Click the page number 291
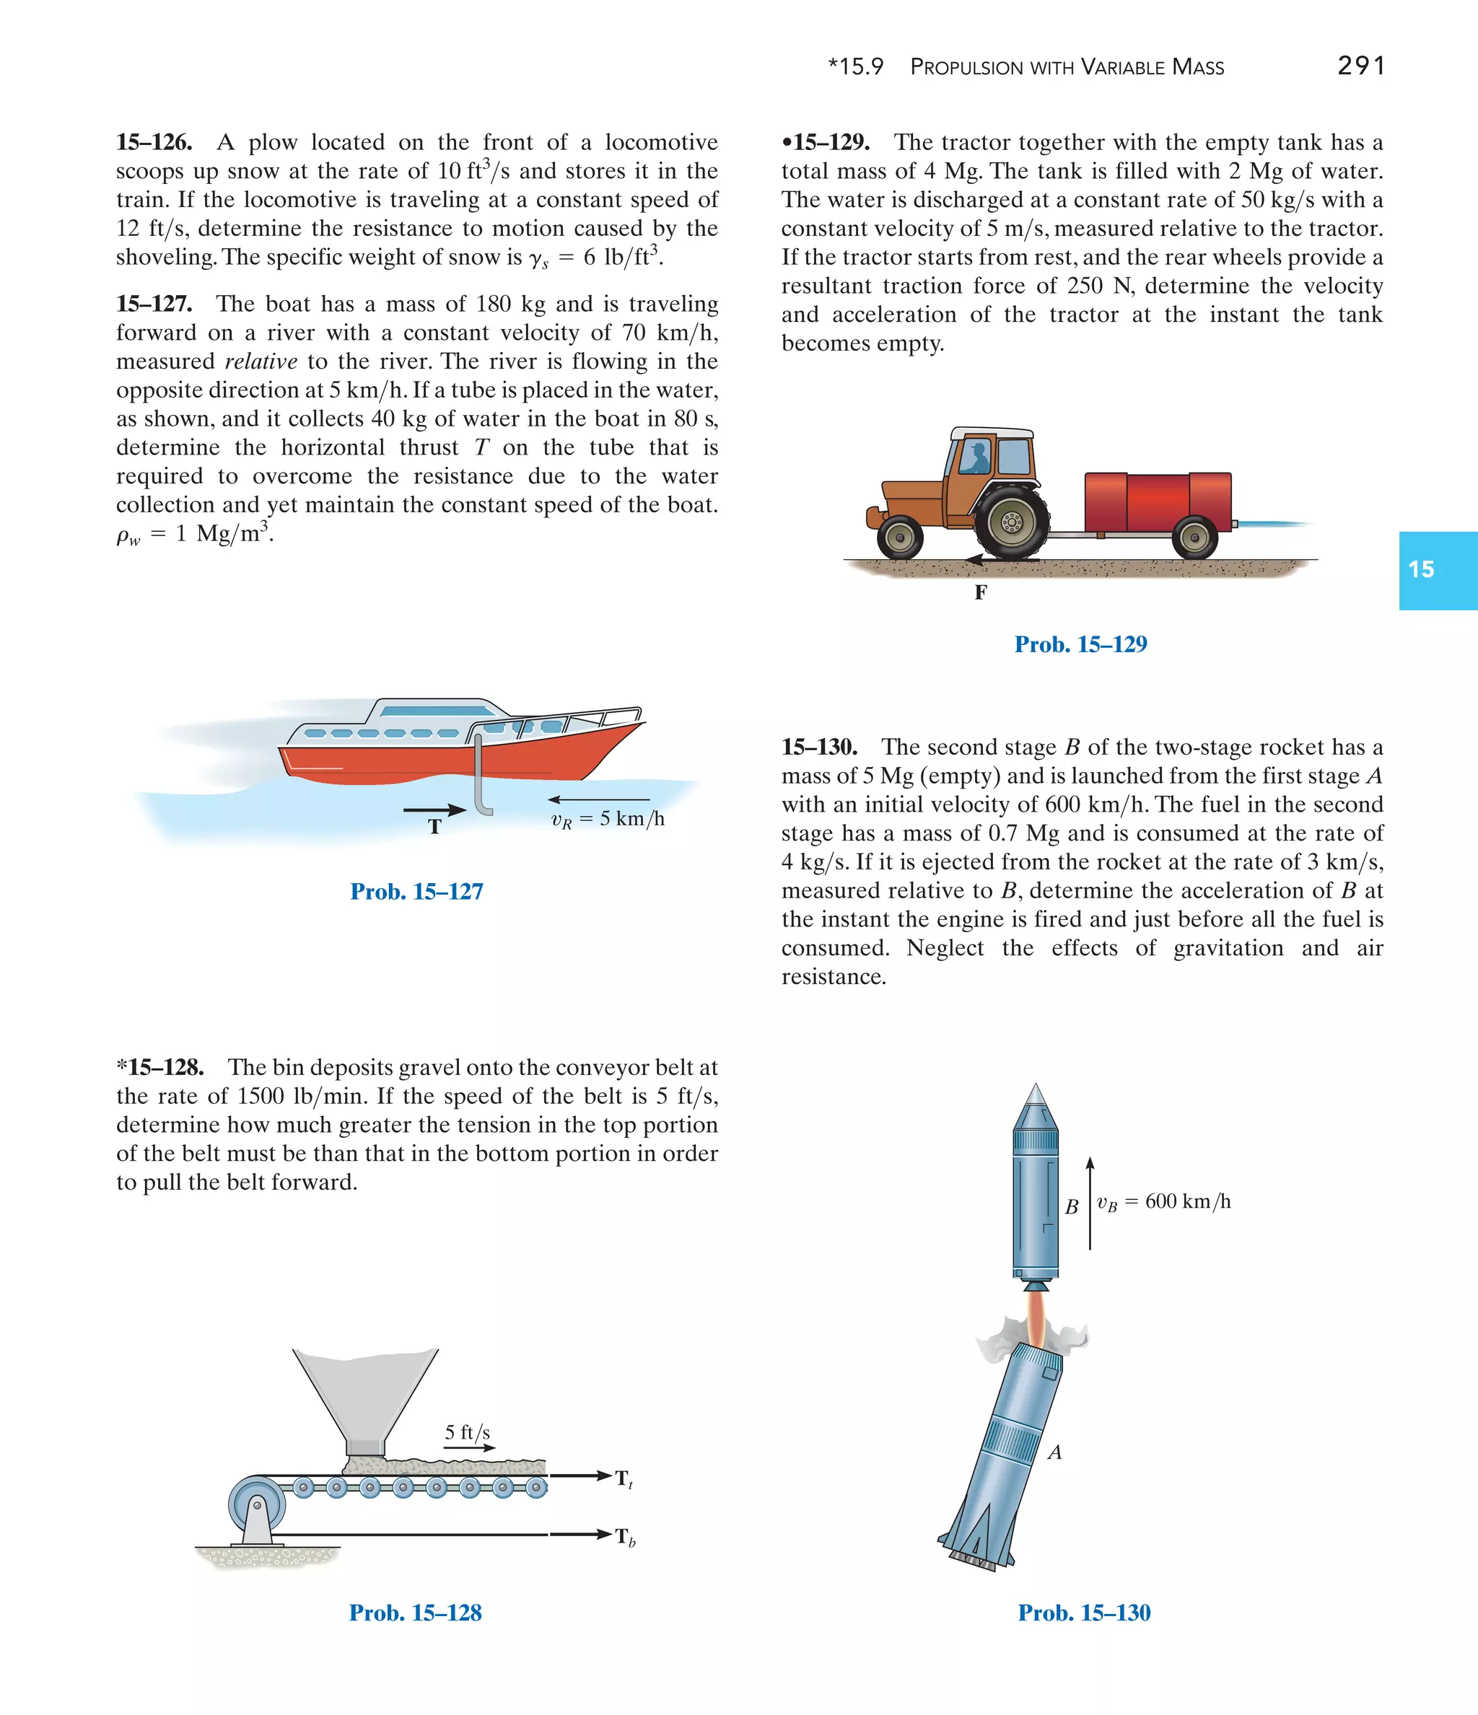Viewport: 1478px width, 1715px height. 1360,66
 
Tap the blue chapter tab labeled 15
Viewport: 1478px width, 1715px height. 1437,569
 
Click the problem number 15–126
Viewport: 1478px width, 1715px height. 154,142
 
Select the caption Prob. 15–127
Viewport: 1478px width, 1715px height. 416,892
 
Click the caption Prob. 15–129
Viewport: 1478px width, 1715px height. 1080,644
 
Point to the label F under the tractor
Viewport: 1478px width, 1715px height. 980,592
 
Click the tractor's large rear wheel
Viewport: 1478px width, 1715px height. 1011,522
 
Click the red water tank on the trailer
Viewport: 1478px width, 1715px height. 1158,501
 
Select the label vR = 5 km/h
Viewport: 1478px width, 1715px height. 608,820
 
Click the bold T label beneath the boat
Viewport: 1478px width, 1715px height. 434,826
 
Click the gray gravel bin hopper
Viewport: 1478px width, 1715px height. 365,1398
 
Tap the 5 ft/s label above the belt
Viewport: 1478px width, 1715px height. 467,1433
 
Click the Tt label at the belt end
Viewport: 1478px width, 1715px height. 624,1478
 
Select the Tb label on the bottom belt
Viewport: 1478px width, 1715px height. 625,1537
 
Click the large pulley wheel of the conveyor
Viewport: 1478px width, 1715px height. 258,1504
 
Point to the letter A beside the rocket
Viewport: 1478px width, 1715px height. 1055,1452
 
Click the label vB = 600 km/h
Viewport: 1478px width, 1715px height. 1163,1202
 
